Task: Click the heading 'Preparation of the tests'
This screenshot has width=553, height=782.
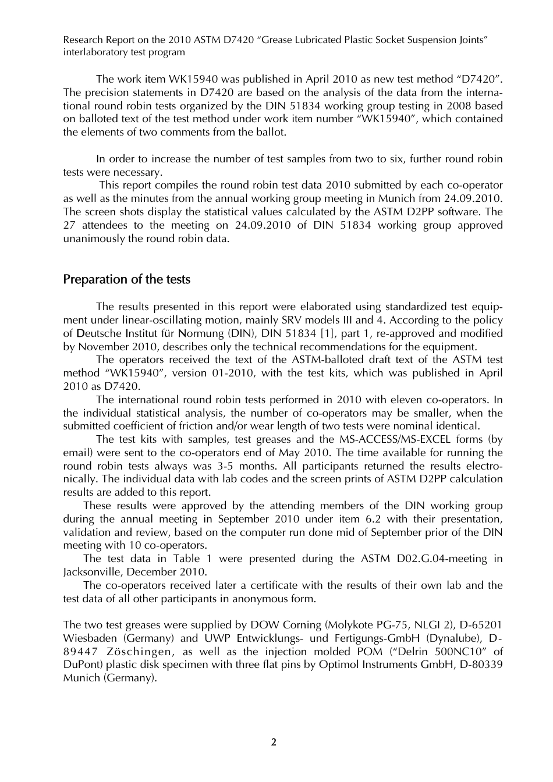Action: [126, 280]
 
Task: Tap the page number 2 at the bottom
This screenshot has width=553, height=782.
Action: [274, 742]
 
